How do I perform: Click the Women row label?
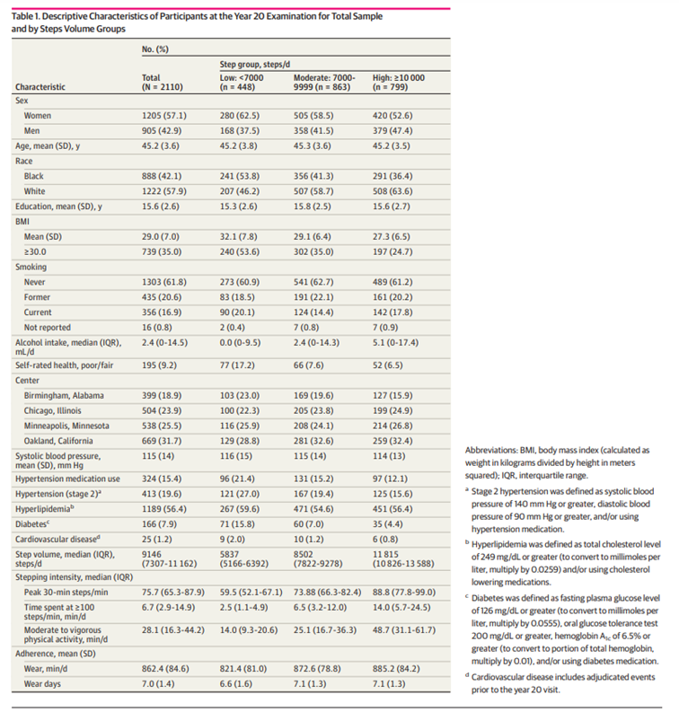coord(39,116)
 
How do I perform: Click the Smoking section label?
coord(31,267)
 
